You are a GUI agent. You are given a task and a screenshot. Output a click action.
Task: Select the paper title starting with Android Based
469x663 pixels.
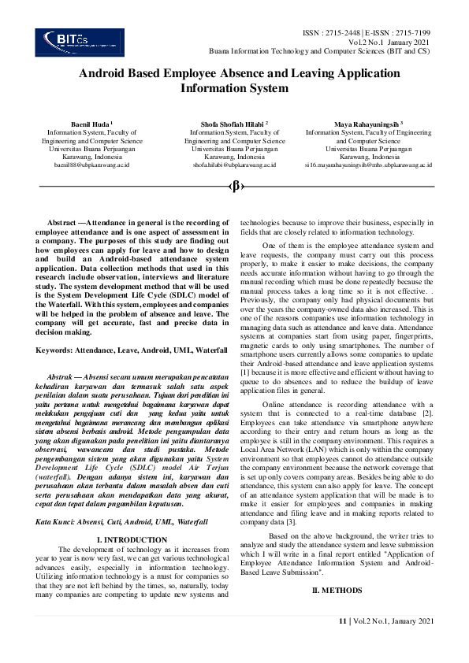(235, 81)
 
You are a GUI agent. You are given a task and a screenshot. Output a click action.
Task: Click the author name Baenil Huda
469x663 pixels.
(91, 124)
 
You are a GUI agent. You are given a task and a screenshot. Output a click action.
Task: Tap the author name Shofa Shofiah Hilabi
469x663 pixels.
(234, 124)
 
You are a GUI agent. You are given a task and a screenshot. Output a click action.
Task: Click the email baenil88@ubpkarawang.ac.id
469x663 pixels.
(91, 165)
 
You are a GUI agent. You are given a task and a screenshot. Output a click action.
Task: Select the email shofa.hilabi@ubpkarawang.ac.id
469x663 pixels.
(234, 165)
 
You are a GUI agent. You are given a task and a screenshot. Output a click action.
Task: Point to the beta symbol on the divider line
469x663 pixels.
(235, 186)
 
